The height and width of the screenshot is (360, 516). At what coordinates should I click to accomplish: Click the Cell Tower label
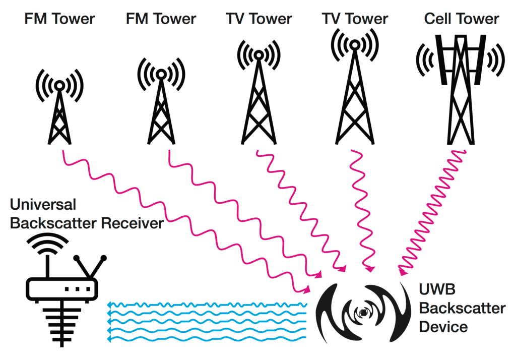(x=462, y=19)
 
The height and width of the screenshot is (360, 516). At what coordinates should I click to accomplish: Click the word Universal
(x=43, y=204)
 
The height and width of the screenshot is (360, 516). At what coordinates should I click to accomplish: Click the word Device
(x=443, y=327)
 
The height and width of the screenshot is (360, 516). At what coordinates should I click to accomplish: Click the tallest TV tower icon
(x=355, y=91)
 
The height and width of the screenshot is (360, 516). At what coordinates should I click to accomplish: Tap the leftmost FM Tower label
(x=60, y=19)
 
